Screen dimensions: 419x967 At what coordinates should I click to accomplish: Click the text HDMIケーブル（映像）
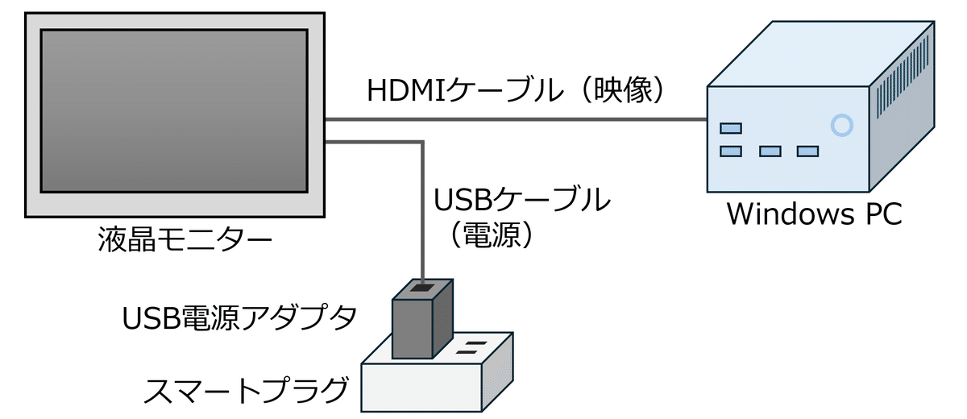click(516, 90)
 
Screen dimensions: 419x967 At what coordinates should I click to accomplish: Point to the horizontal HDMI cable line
click(516, 120)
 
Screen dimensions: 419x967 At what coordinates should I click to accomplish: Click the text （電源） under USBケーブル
click(490, 234)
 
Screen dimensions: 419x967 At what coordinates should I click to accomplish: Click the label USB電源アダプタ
click(239, 318)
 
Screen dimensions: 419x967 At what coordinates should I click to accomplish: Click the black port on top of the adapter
click(421, 286)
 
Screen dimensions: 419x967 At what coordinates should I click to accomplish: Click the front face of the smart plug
click(421, 389)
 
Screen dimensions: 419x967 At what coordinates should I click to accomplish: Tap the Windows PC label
click(814, 215)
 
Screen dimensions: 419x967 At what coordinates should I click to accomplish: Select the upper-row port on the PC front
click(731, 127)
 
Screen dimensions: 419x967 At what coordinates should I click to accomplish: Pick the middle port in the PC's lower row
click(770, 151)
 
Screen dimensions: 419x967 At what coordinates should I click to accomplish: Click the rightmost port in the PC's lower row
click(807, 151)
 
